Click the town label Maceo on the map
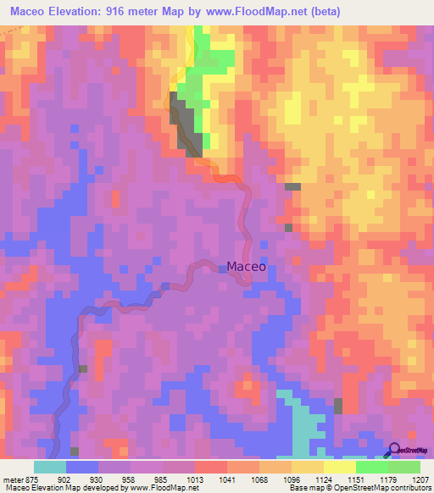tap(246, 266)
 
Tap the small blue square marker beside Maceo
tap(221, 269)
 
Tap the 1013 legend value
tap(195, 480)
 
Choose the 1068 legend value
tap(259, 480)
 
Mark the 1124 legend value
tap(323, 480)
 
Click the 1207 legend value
tap(421, 480)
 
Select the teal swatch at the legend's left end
tap(50, 467)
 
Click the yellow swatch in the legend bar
tap(339, 467)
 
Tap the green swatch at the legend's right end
tap(403, 467)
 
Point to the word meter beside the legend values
tap(14, 480)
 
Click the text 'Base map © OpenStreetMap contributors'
tap(359, 489)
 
